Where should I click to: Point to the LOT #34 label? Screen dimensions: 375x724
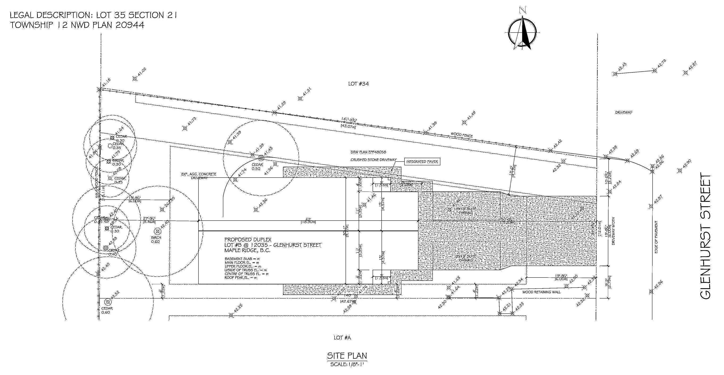pyautogui.click(x=358, y=84)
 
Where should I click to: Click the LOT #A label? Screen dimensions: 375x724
pyautogui.click(x=342, y=338)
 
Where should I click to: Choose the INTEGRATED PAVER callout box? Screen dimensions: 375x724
pyautogui.click(x=422, y=162)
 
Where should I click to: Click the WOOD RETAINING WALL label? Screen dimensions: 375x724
pyautogui.click(x=541, y=292)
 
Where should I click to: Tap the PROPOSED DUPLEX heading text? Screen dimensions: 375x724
pyautogui.click(x=248, y=239)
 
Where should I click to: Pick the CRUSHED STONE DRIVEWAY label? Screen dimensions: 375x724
pyautogui.click(x=373, y=160)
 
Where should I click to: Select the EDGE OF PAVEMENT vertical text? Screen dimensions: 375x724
pyautogui.click(x=657, y=237)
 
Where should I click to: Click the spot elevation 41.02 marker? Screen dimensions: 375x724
pyautogui.click(x=135, y=79)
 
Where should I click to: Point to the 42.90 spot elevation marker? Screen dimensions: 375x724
pyautogui.click(x=680, y=170)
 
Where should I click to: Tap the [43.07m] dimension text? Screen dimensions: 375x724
pyautogui.click(x=348, y=126)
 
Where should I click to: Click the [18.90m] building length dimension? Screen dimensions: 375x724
pyautogui.click(x=308, y=222)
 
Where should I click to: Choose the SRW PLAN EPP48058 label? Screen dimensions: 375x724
pyautogui.click(x=368, y=152)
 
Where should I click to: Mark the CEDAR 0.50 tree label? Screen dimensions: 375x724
pyautogui.click(x=257, y=166)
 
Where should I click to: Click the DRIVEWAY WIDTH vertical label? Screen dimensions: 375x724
pyautogui.click(x=613, y=231)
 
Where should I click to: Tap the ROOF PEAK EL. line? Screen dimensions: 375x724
pyautogui.click(x=241, y=278)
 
